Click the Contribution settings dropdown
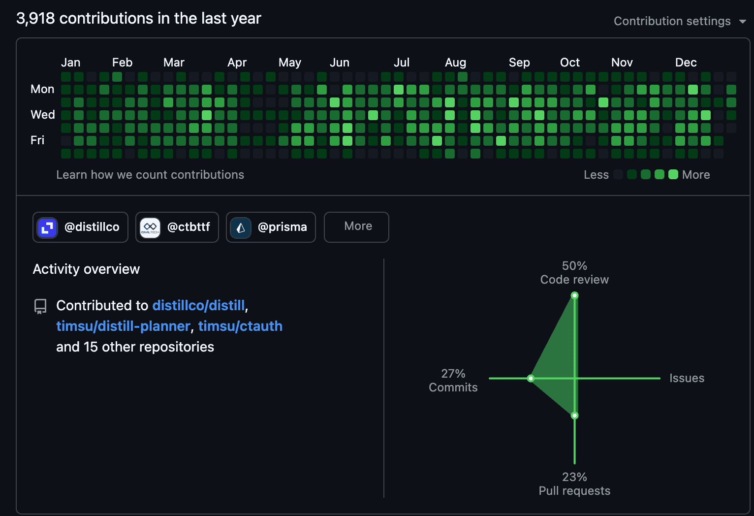679,21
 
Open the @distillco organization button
80,227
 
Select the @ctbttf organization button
177,227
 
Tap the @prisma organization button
271,227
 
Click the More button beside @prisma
356,226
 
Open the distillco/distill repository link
198,305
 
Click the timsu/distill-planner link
123,326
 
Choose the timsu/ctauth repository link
240,326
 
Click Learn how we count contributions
150,175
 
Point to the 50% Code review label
574,273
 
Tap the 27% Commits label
453,381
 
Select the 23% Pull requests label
574,484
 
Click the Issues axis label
687,378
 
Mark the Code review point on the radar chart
574,295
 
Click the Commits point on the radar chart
531,378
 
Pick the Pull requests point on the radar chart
574,416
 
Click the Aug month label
455,63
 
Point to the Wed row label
43,115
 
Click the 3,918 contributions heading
138,18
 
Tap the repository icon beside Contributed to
40,306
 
